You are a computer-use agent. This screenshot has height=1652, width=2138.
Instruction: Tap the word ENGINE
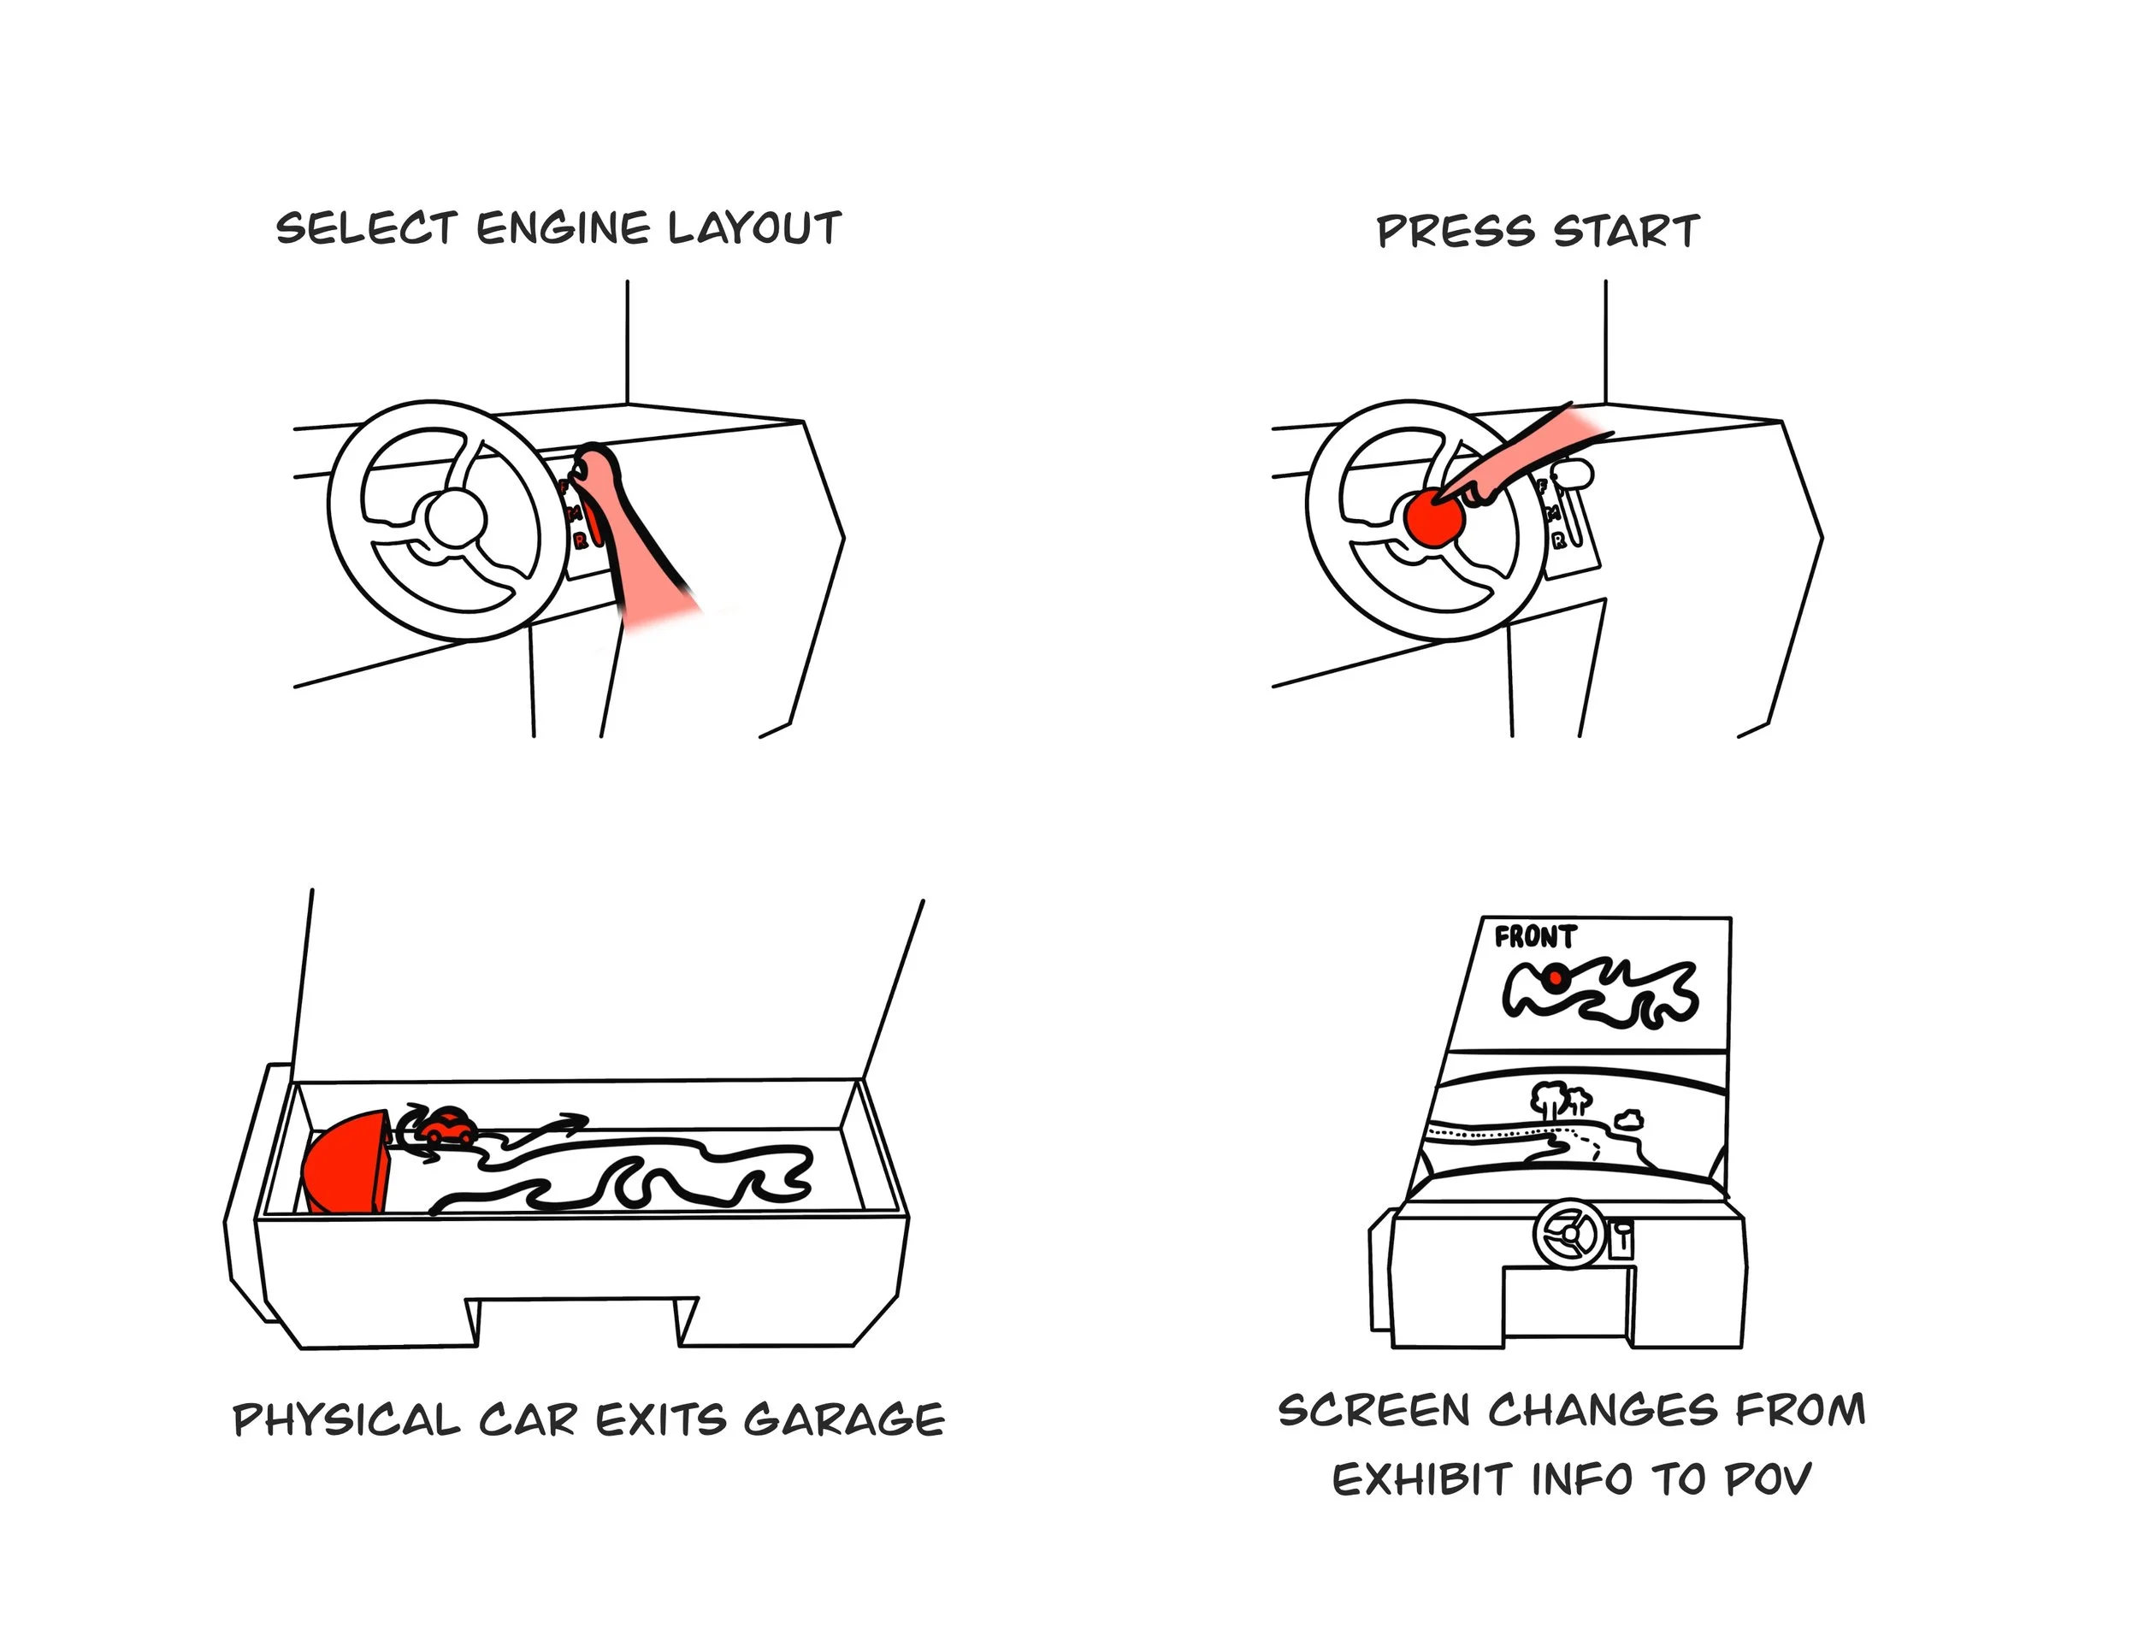click(x=563, y=228)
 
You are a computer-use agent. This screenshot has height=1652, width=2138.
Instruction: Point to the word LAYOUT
click(x=755, y=228)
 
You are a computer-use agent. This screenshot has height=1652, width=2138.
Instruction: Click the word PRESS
click(x=1456, y=232)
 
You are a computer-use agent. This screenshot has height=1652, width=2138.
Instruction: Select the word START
click(x=1627, y=232)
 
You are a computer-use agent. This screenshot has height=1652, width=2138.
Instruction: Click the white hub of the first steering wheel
click(x=455, y=520)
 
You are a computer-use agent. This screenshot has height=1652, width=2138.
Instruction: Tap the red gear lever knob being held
click(x=590, y=460)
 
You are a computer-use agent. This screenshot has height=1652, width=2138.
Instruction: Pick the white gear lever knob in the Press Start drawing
click(x=1574, y=475)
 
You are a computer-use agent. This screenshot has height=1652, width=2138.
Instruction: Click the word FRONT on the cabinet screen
click(x=1534, y=937)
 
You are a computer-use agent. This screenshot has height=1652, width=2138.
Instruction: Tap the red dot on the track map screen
click(x=1555, y=976)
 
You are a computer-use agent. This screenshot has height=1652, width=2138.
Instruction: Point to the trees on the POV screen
click(x=1556, y=1097)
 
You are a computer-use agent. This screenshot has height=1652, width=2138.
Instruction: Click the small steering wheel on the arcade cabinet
click(x=1569, y=1234)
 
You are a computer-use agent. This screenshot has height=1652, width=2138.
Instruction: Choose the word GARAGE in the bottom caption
click(x=844, y=1420)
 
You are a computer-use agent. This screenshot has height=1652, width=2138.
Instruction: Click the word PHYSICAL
click(x=346, y=1420)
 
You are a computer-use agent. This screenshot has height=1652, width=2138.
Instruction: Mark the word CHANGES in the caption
click(x=1603, y=1410)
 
